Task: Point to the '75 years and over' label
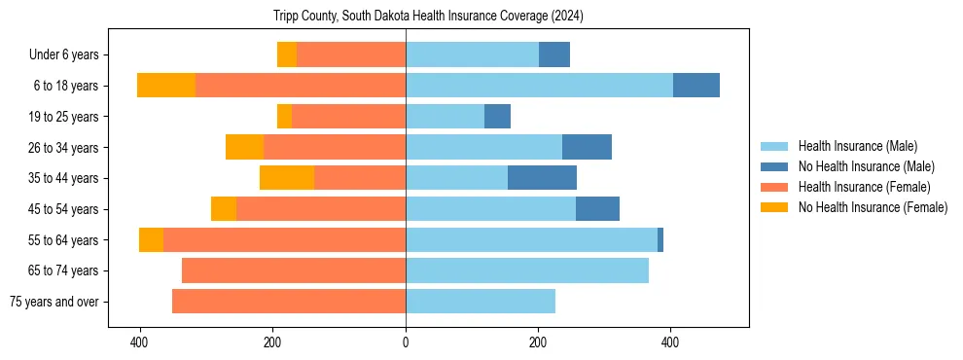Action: (x=54, y=302)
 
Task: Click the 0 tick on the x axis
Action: (x=406, y=343)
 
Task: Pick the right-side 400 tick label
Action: (x=670, y=343)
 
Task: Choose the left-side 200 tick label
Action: (x=272, y=343)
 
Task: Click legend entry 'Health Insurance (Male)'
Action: (x=857, y=146)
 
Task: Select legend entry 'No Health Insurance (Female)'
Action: (x=873, y=207)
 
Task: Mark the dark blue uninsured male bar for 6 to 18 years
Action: (x=696, y=86)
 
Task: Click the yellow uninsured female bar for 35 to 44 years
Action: (x=287, y=178)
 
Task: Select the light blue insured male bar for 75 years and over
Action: (x=481, y=302)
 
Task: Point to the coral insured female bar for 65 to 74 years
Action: (x=294, y=270)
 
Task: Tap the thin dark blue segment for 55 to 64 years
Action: (x=660, y=239)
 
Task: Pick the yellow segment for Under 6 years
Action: (x=287, y=54)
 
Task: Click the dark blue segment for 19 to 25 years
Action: (x=497, y=117)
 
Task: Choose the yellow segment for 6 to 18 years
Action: (x=166, y=86)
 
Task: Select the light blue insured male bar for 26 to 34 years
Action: (x=483, y=147)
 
